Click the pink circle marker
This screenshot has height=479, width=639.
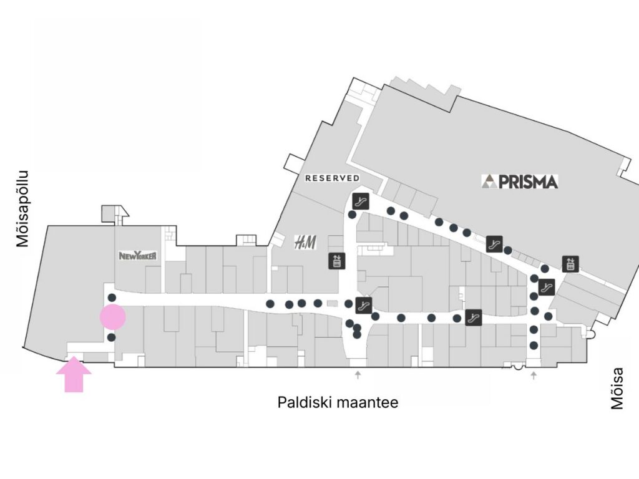[113, 317]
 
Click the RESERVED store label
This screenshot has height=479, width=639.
[332, 178]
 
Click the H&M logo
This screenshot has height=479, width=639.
[305, 241]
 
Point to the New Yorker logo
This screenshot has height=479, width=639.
[137, 256]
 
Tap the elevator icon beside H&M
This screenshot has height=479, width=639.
[337, 261]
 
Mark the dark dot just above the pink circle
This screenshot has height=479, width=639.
[111, 298]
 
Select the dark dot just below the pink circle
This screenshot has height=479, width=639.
[111, 337]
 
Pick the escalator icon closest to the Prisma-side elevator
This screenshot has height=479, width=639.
[546, 288]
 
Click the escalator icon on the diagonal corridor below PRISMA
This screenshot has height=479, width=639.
[494, 243]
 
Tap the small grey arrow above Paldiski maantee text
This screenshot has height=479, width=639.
[358, 374]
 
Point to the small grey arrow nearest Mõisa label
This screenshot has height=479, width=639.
[534, 374]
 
